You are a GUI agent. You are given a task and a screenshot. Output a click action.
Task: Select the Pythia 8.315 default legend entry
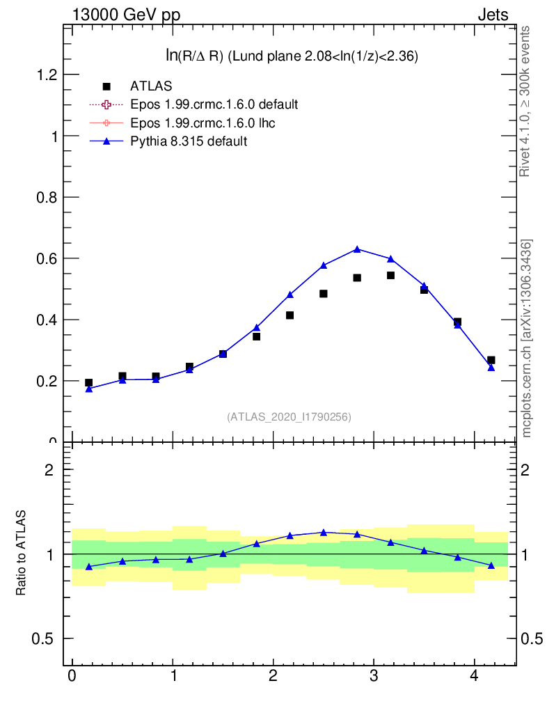point(189,141)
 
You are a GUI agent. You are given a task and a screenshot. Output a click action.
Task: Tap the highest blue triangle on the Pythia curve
point(357,249)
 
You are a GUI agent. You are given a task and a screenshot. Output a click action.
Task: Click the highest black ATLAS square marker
point(390,275)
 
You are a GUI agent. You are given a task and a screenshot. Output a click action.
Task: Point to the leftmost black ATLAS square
point(88,382)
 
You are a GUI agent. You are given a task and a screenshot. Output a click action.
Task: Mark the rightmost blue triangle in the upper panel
point(491,367)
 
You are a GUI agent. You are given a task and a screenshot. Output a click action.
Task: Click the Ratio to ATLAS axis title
point(22,553)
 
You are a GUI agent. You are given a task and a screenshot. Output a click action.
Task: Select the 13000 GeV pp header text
point(125,15)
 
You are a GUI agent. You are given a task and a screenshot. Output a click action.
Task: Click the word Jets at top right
point(492,15)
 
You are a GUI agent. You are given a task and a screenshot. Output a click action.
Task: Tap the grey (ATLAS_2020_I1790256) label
point(289,417)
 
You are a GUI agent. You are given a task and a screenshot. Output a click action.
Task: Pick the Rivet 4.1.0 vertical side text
point(525,102)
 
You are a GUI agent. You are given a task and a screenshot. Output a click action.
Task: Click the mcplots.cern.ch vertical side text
point(527,338)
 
